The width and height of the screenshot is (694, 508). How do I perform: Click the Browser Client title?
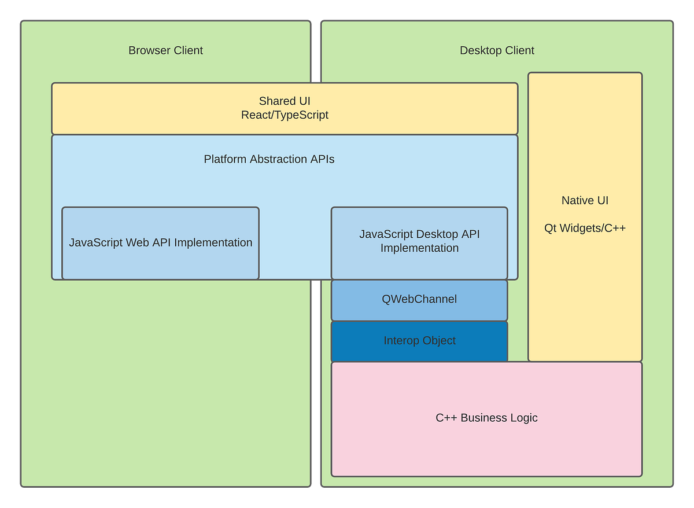[165, 50]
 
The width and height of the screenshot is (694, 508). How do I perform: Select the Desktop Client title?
[497, 50]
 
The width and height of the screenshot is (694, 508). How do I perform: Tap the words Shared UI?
[285, 101]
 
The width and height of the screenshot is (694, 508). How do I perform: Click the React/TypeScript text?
[285, 115]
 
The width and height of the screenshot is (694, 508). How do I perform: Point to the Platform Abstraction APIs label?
[269, 159]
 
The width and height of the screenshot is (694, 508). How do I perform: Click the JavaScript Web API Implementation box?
[160, 243]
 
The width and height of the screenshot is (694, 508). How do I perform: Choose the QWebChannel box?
[419, 299]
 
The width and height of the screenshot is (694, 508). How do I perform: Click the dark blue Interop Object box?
[419, 341]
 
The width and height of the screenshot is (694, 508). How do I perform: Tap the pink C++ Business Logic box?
[486, 418]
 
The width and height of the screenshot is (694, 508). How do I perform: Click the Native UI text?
[585, 201]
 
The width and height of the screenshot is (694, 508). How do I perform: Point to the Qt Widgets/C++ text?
[585, 229]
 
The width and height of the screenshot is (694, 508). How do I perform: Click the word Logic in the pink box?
[523, 418]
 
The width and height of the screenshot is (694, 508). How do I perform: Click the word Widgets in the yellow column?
[578, 229]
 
